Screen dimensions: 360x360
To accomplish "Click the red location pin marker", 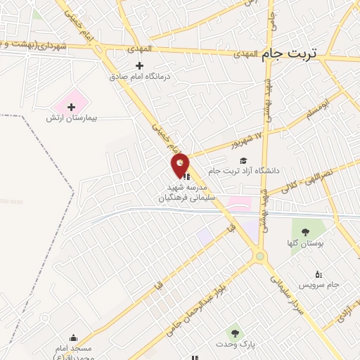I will (181, 165).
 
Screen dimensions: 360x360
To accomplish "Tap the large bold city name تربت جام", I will (288, 53).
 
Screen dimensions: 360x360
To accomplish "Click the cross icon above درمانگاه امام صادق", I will (140, 65).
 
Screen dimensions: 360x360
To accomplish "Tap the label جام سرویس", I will (319, 285).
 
